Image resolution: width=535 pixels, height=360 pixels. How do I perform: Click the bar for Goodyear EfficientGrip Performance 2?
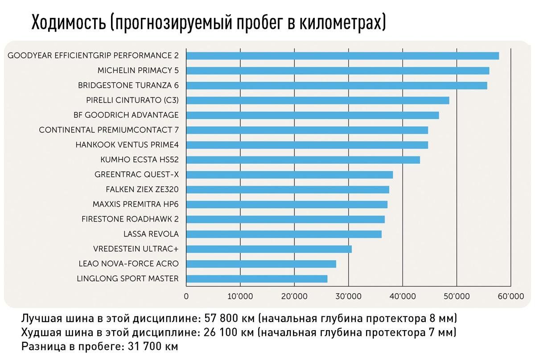click(x=342, y=56)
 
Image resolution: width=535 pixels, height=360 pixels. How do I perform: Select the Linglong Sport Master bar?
click(x=257, y=279)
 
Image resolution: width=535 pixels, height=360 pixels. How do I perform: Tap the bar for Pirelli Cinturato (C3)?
click(x=317, y=100)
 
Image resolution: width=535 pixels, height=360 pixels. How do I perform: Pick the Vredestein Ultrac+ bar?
click(x=269, y=249)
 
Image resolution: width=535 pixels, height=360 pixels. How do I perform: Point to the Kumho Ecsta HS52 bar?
click(x=303, y=160)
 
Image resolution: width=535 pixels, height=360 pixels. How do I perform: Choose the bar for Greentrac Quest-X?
click(x=289, y=175)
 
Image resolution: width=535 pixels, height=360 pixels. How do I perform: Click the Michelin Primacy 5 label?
click(x=138, y=70)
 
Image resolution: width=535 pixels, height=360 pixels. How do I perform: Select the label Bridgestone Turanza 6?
click(x=128, y=85)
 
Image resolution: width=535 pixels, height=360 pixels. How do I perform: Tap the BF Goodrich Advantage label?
click(x=126, y=115)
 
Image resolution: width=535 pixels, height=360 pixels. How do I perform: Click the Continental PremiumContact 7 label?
click(x=109, y=130)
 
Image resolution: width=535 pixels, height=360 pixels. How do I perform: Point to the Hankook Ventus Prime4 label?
click(x=127, y=145)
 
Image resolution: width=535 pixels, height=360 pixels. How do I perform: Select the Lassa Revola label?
click(x=151, y=234)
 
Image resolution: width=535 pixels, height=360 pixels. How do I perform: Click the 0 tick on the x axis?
click(x=186, y=296)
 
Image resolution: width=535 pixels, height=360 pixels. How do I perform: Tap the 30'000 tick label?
click(x=348, y=296)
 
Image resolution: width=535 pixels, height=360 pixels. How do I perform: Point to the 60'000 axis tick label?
click(x=510, y=296)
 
